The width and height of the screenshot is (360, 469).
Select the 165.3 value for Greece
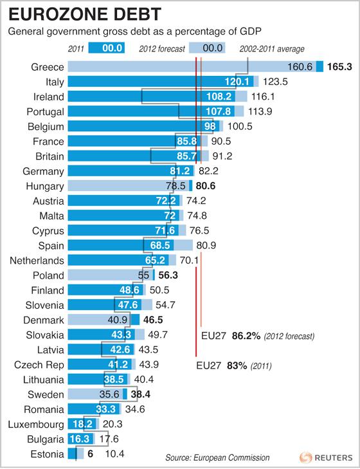(x=341, y=67)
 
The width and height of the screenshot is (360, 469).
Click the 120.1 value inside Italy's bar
(x=237, y=82)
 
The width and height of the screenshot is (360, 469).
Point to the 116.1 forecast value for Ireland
(x=265, y=97)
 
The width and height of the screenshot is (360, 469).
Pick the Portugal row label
(x=44, y=111)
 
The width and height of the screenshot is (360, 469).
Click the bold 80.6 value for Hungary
(x=209, y=186)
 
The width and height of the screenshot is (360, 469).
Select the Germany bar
(x=129, y=171)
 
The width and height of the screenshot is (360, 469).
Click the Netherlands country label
(x=37, y=260)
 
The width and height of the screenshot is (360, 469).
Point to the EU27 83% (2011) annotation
(x=236, y=365)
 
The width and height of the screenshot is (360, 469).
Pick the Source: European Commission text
(x=217, y=457)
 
